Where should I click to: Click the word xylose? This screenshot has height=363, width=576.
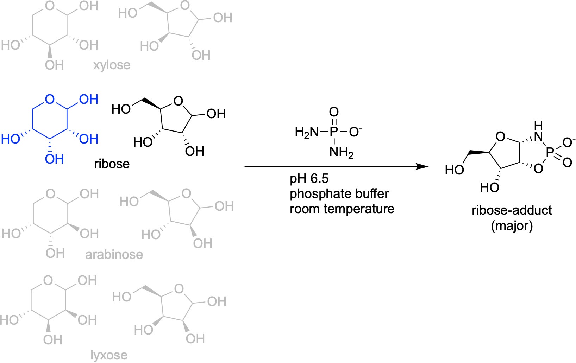(x=112, y=65)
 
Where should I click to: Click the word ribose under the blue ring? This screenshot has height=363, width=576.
(x=112, y=164)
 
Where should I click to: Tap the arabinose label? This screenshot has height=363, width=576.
(x=114, y=254)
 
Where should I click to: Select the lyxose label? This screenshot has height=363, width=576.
(x=109, y=355)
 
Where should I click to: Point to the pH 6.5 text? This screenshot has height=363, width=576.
(x=309, y=179)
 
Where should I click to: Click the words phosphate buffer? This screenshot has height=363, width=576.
(x=339, y=194)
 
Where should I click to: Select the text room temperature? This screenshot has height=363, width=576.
(x=342, y=209)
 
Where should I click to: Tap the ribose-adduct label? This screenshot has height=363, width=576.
(x=512, y=210)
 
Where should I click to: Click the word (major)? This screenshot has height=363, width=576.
(x=512, y=225)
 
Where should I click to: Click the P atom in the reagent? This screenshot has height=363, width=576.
(x=333, y=132)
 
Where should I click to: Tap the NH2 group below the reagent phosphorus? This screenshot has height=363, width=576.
(x=341, y=152)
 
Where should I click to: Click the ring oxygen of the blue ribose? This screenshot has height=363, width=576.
(x=50, y=99)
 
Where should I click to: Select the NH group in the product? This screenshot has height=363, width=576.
(x=538, y=132)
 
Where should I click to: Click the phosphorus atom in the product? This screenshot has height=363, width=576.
(x=550, y=152)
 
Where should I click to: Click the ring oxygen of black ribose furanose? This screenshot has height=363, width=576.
(x=178, y=101)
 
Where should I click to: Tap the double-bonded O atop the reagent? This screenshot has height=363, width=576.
(x=333, y=112)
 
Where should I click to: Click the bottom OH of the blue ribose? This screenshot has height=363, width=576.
(x=54, y=159)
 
